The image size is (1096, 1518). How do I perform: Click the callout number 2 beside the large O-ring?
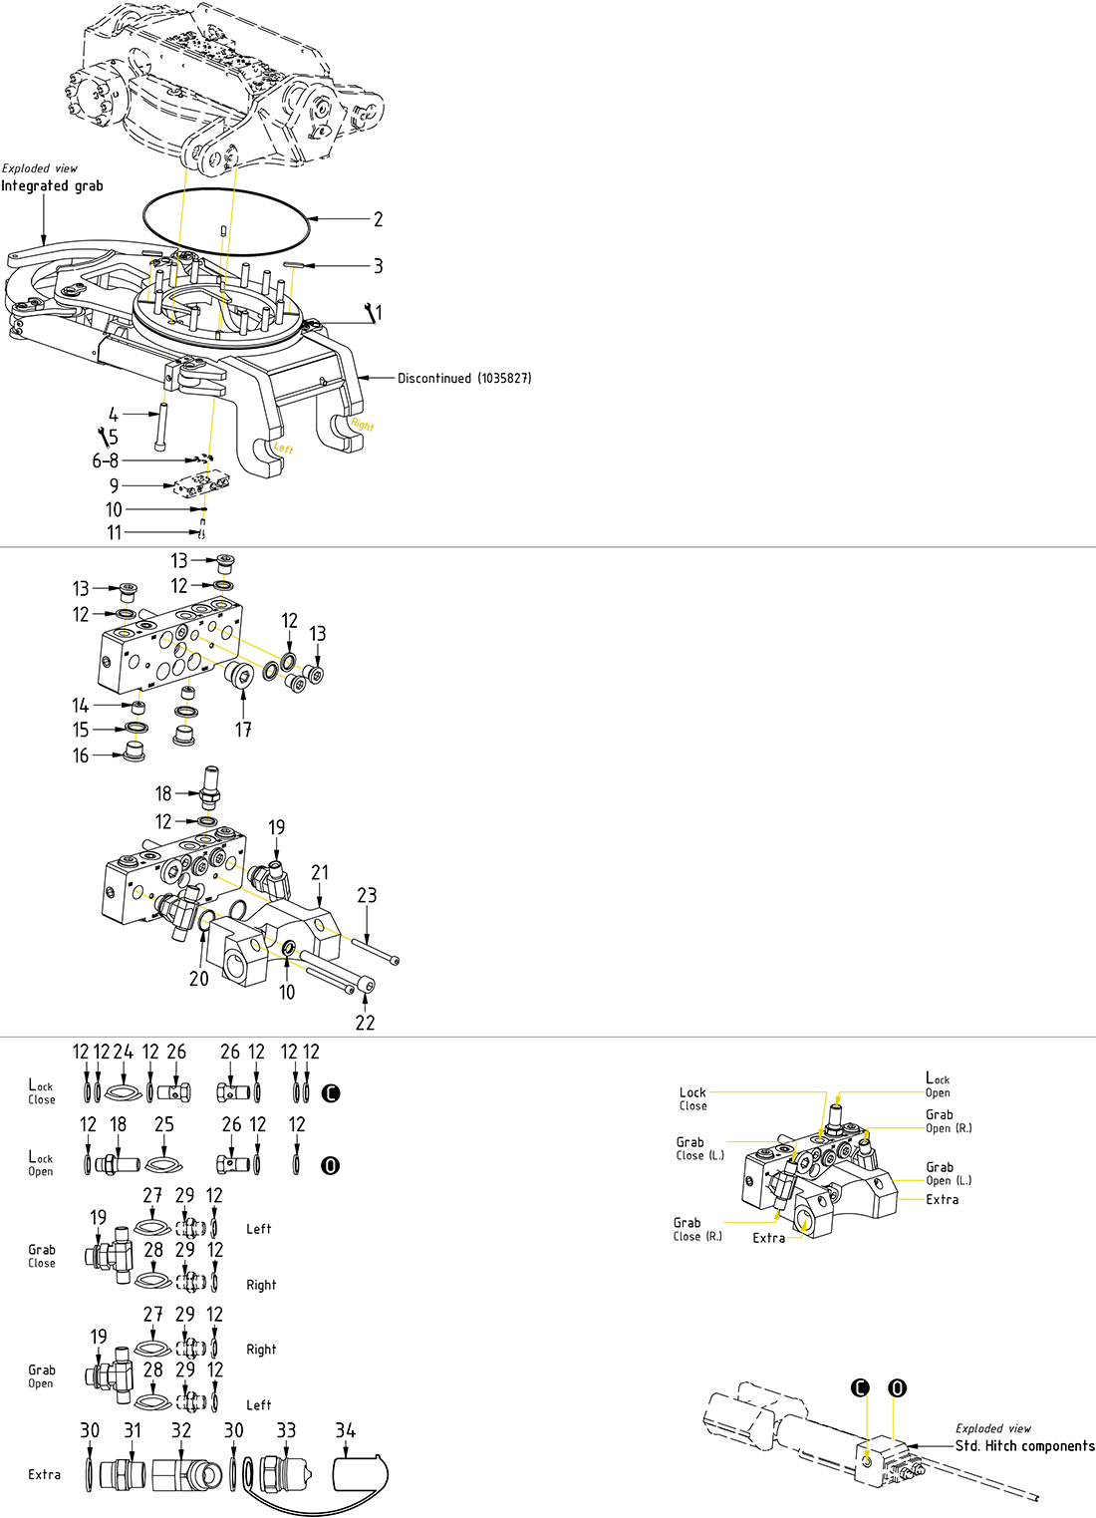(x=378, y=219)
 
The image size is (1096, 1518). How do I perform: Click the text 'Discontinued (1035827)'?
(x=464, y=379)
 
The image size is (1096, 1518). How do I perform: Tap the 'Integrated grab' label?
(x=52, y=186)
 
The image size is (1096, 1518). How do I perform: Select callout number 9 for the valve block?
(x=115, y=485)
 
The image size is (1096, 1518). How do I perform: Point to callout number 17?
(x=243, y=730)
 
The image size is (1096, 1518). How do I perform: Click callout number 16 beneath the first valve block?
(x=81, y=756)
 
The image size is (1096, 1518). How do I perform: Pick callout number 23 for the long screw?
(x=367, y=895)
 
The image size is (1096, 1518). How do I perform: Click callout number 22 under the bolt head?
(x=366, y=1023)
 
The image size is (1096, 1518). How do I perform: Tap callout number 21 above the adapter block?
(x=319, y=872)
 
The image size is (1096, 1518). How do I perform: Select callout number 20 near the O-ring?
(x=199, y=979)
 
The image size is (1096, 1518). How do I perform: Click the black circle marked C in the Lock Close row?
(x=332, y=1093)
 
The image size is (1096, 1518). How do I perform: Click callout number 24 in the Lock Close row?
(x=124, y=1052)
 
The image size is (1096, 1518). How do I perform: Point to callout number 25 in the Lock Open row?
(x=164, y=1124)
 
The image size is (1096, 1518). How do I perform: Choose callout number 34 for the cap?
(x=345, y=1430)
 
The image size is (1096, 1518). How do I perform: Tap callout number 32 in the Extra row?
(x=181, y=1430)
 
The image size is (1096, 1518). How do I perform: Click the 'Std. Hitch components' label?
(x=1024, y=1446)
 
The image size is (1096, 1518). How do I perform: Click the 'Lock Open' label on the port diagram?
(x=938, y=1085)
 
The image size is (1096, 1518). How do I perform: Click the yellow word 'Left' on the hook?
(x=284, y=450)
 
